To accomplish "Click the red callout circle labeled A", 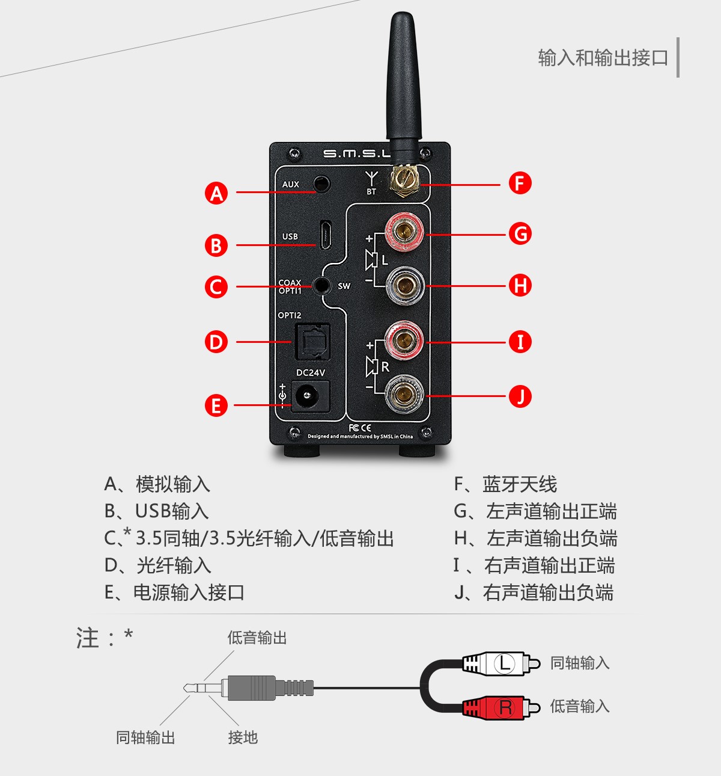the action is pos(216,193).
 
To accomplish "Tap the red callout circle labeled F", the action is pos(520,183).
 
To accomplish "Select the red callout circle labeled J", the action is pos(520,396).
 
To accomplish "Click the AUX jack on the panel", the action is pos(322,183).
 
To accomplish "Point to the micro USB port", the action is pos(324,235).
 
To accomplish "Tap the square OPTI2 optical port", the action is pos(311,342).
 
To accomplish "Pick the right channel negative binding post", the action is pos(404,395).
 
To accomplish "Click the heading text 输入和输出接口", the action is pos(603,58).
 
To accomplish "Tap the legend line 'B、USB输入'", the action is pos(156,511).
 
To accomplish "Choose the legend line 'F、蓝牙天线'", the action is pos(505,484).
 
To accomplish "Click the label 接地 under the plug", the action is pos(243,737).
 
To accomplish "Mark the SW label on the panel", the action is pos(344,286).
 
